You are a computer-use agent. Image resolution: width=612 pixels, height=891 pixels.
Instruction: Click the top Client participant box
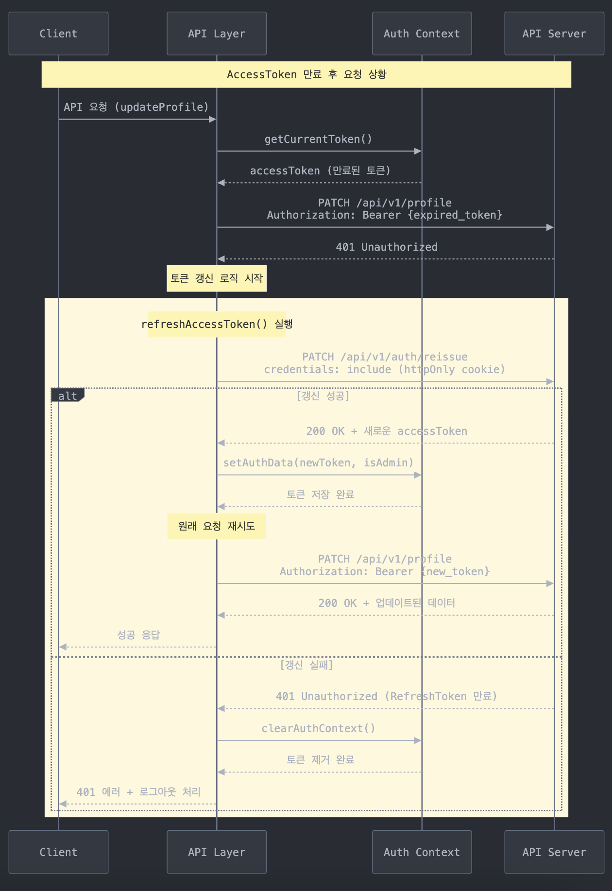click(x=58, y=34)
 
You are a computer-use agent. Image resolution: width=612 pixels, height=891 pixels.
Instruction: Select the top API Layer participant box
click(x=217, y=34)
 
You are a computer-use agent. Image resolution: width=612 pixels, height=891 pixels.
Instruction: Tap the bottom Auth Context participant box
click(x=422, y=852)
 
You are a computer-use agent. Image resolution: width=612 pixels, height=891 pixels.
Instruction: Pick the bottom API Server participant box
click(x=554, y=852)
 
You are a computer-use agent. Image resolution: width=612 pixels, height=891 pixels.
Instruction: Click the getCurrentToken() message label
click(x=318, y=139)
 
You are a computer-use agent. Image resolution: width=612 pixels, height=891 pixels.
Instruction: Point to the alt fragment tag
click(x=68, y=395)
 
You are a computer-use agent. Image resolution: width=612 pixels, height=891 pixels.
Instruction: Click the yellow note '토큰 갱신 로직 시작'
click(x=217, y=278)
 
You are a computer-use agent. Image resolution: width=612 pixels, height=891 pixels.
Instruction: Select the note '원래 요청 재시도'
click(x=217, y=526)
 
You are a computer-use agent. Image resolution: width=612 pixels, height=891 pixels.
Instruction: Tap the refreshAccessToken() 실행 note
click(x=217, y=324)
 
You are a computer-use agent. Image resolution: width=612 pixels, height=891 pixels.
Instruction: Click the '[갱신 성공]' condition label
click(x=323, y=396)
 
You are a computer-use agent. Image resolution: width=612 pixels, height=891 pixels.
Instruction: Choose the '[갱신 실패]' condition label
click(x=306, y=665)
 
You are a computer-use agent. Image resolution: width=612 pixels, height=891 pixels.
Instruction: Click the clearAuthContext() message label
click(x=318, y=728)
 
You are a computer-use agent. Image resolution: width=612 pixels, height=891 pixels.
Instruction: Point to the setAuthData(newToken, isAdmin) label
click(x=318, y=463)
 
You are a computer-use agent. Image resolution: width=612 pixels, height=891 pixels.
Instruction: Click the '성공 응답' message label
click(x=138, y=635)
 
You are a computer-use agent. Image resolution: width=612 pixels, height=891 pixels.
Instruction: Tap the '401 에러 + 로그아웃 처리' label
click(x=138, y=792)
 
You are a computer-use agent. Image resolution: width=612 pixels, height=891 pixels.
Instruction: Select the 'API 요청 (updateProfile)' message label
click(x=136, y=107)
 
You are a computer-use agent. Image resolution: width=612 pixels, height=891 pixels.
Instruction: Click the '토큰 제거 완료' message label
click(x=320, y=760)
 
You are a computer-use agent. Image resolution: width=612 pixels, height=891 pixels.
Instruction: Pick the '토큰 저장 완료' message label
click(x=320, y=495)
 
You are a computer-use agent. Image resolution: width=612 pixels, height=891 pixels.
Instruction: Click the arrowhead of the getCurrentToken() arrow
click(x=418, y=151)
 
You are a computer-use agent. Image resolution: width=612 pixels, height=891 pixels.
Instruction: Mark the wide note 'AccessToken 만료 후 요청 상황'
click(x=306, y=74)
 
